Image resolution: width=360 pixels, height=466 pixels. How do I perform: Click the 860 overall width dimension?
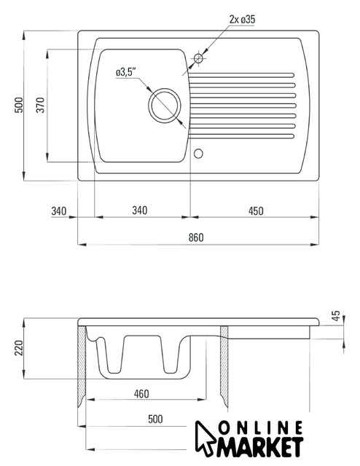pyautogui.click(x=196, y=237)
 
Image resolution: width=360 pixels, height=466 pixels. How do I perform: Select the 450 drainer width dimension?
pyautogui.click(x=256, y=211)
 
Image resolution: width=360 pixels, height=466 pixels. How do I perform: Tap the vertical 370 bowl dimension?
pyautogui.click(x=40, y=105)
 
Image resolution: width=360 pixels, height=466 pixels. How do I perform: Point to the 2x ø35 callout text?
pyautogui.click(x=242, y=20)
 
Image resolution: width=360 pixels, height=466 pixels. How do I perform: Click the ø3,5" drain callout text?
pyautogui.click(x=126, y=72)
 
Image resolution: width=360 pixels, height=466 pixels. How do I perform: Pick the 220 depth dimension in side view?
pyautogui.click(x=19, y=348)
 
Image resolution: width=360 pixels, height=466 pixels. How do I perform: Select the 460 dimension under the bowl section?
pyautogui.click(x=141, y=394)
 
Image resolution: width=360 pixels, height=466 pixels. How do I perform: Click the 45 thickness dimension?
pyautogui.click(x=335, y=315)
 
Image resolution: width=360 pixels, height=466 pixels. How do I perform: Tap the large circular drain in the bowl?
pyautogui.click(x=164, y=104)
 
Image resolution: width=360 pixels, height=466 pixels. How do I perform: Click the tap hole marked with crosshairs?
pyautogui.click(x=198, y=58)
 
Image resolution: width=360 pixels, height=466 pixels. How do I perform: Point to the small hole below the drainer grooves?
pyautogui.click(x=198, y=154)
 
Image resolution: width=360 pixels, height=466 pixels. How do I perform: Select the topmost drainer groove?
pyautogui.click(x=242, y=75)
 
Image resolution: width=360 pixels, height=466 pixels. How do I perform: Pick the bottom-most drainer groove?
pyautogui.click(x=241, y=136)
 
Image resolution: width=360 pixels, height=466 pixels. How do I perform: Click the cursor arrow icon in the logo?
pyautogui.click(x=204, y=438)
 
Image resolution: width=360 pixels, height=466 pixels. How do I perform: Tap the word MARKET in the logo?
pyautogui.click(x=259, y=447)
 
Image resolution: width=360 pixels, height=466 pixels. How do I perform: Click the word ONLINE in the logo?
pyautogui.click(x=261, y=427)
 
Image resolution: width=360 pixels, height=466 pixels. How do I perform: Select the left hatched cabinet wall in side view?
pyautogui.click(x=82, y=367)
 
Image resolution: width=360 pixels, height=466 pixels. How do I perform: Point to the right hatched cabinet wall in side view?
pyautogui.click(x=224, y=367)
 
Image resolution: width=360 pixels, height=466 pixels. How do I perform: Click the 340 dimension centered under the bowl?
pyautogui.click(x=140, y=210)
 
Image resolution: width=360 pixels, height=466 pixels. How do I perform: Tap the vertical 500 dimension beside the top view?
pyautogui.click(x=19, y=105)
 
